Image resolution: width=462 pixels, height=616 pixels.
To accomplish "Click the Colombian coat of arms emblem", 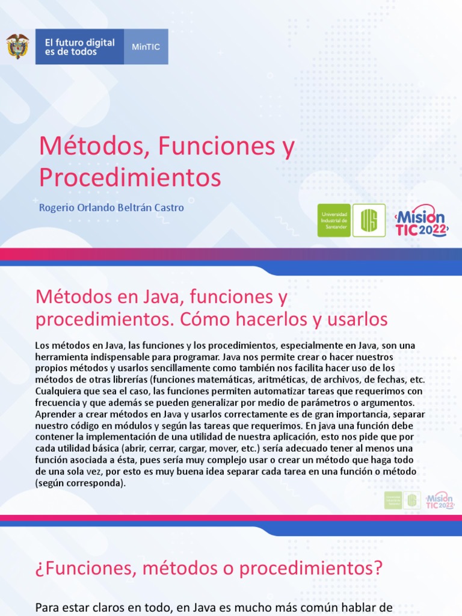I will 17,46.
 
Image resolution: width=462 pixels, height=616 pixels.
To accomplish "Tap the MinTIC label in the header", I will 146,47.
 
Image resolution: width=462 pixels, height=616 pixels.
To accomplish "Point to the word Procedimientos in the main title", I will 130,177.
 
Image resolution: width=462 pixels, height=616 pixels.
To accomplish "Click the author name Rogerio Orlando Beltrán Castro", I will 111,208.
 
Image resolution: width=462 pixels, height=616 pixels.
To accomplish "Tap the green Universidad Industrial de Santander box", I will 333,220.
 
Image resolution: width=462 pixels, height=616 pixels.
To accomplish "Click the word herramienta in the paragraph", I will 63,356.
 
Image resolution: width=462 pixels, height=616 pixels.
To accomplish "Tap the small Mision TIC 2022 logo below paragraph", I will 439,499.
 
